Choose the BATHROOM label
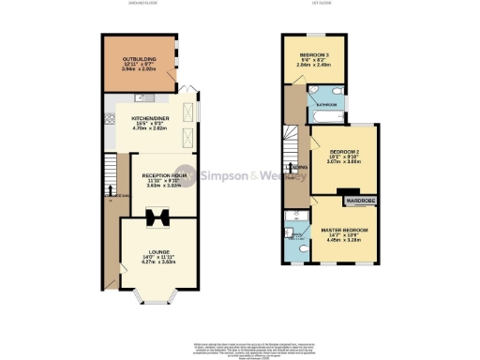pyautogui.click(x=328, y=104)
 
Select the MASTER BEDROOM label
pyautogui.click(x=345, y=229)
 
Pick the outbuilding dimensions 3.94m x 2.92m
pyautogui.click(x=138, y=69)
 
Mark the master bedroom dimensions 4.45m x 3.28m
pyautogui.click(x=345, y=240)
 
